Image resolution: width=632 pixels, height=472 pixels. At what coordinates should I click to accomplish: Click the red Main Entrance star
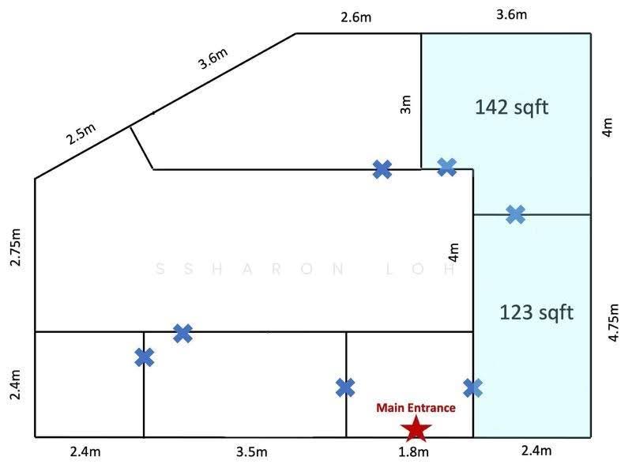tap(416, 429)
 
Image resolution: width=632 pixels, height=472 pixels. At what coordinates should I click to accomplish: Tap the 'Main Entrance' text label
tap(416, 408)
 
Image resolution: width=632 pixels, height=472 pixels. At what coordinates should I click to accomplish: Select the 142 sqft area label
tap(511, 108)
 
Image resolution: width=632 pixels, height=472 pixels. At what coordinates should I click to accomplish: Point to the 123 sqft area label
tap(536, 312)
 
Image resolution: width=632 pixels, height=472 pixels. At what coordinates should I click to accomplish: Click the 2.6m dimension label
tap(356, 17)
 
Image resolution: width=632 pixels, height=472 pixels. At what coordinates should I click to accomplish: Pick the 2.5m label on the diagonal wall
tap(81, 134)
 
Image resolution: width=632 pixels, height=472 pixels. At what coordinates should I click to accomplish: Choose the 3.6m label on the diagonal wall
tap(213, 58)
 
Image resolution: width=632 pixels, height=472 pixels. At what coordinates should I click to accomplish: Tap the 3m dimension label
tap(406, 104)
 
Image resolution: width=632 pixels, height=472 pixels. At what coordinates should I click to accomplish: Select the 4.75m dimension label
tap(613, 323)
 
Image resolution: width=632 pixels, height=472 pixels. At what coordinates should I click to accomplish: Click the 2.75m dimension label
tap(15, 247)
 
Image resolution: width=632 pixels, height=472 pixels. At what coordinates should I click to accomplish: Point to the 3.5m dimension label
tap(252, 451)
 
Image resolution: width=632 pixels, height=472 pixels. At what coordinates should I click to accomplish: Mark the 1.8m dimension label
tap(413, 451)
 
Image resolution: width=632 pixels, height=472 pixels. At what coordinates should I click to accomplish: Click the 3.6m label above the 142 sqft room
tap(511, 14)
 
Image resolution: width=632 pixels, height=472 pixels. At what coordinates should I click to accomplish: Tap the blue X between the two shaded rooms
tap(516, 214)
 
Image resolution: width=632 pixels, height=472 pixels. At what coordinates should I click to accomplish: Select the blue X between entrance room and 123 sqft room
tap(472, 388)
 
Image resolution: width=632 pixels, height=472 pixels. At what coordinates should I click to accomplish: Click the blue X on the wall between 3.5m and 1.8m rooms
tap(345, 387)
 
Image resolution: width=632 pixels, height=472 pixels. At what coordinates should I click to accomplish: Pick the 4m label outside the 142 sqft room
tap(608, 127)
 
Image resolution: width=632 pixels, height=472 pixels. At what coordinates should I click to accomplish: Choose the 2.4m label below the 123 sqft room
tap(536, 450)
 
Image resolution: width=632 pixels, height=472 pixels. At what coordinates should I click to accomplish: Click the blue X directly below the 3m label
tap(382, 169)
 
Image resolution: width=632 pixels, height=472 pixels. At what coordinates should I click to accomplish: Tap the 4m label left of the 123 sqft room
tap(453, 252)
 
